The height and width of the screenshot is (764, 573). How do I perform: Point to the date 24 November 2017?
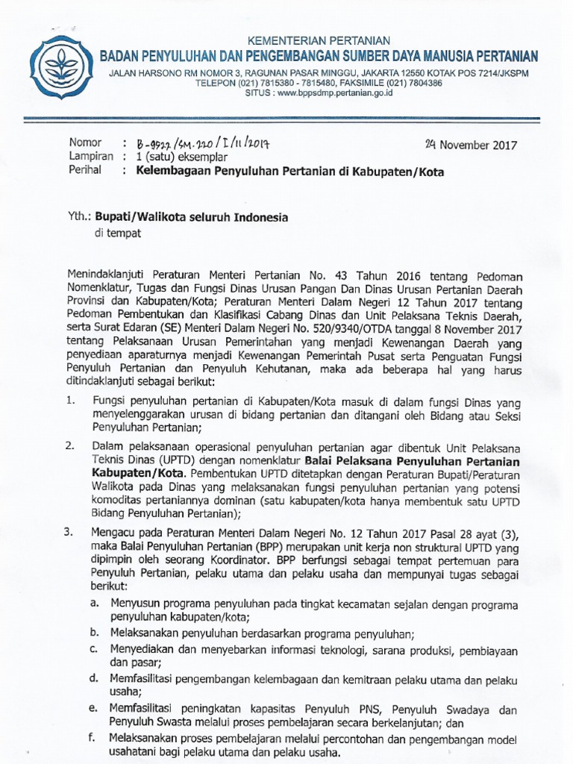point(470,145)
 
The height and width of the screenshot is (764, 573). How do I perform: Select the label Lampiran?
point(91,157)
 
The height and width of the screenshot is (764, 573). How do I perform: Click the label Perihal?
point(87,172)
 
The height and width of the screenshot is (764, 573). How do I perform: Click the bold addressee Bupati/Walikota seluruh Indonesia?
point(190,216)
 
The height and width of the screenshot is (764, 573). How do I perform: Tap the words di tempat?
point(116,233)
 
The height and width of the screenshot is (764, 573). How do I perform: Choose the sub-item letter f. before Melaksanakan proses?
point(93,738)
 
